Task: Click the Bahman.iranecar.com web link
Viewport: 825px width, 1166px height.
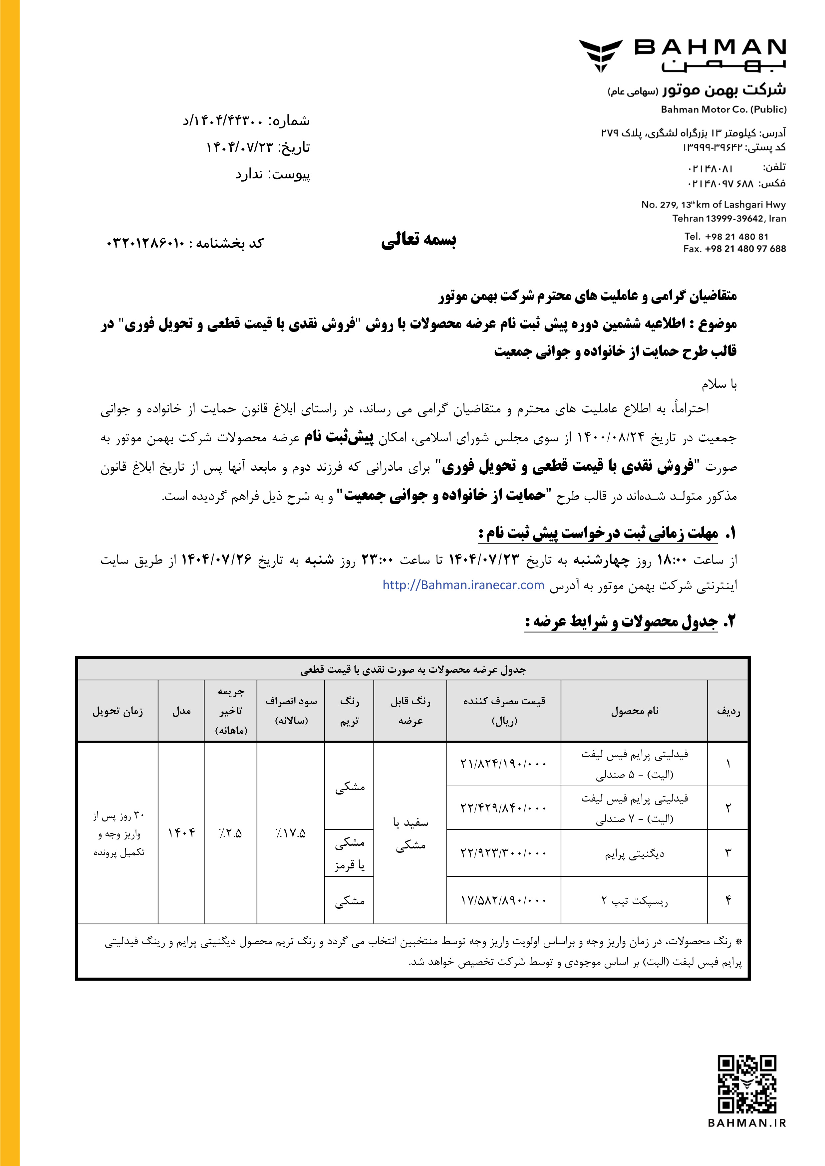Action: pyautogui.click(x=463, y=585)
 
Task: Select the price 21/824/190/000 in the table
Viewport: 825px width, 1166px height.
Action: pyautogui.click(x=503, y=763)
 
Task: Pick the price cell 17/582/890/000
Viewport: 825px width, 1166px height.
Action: pyautogui.click(x=503, y=900)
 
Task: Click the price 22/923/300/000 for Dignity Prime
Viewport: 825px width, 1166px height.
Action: pyautogui.click(x=503, y=853)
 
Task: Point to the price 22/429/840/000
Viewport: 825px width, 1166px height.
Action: pyautogui.click(x=503, y=808)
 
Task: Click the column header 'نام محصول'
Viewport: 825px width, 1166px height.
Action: pyautogui.click(x=635, y=711)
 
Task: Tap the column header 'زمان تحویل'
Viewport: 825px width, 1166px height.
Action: pyautogui.click(x=118, y=711)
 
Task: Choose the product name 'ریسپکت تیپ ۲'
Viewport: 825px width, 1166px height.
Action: pyautogui.click(x=635, y=900)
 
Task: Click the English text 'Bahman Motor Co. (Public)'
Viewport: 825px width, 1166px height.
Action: pyautogui.click(x=723, y=109)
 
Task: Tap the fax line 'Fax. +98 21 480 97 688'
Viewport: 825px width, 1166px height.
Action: pyautogui.click(x=734, y=249)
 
